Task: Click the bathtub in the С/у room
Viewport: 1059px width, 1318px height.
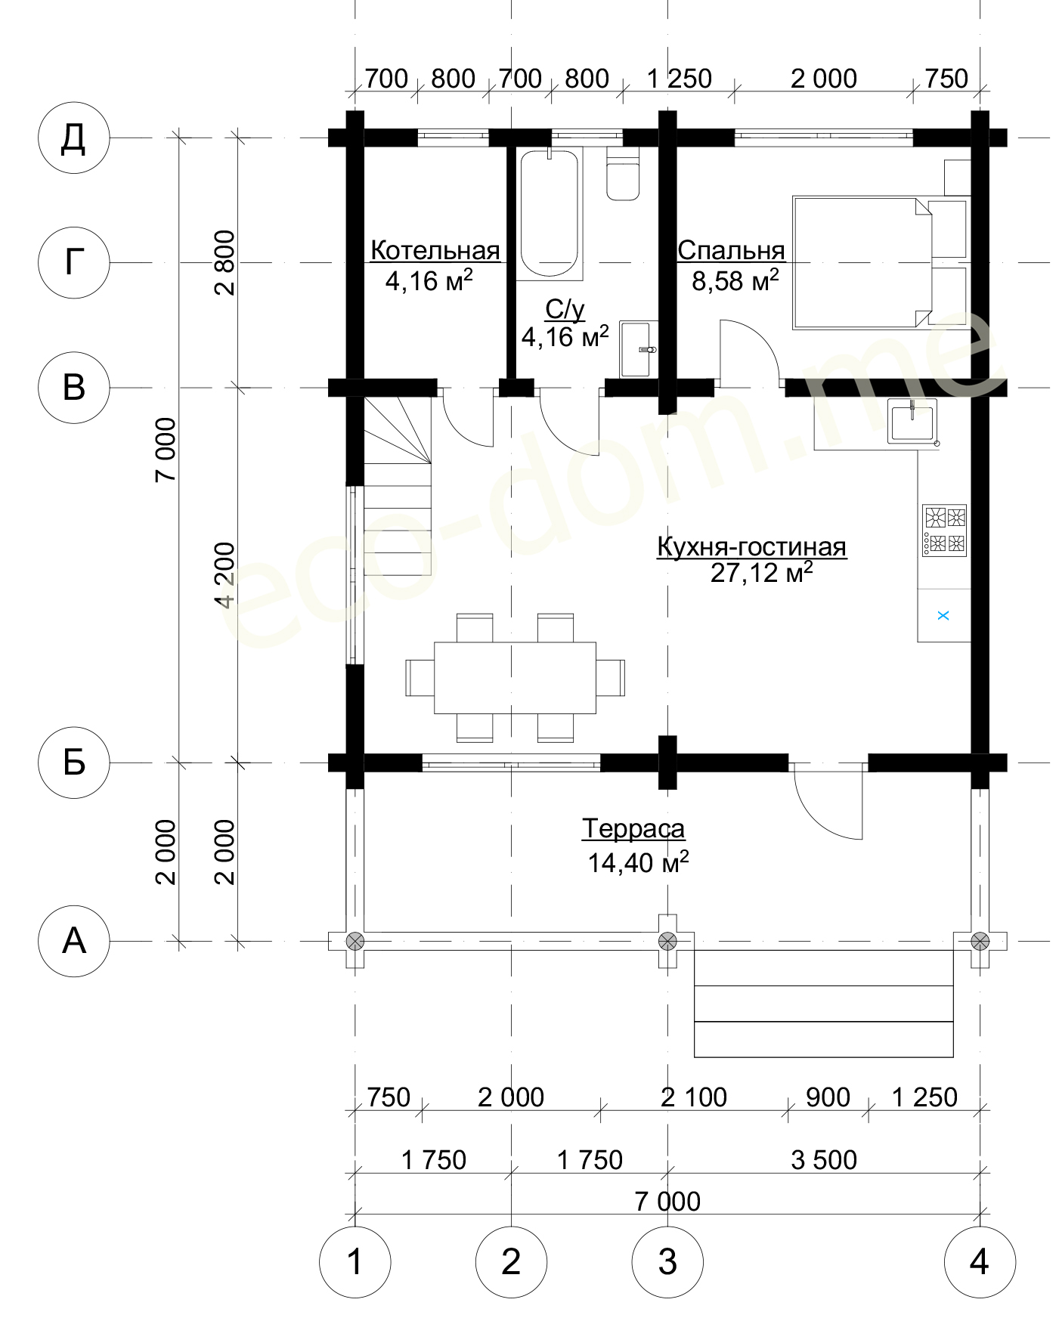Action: pos(550,214)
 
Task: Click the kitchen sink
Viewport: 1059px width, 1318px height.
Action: pos(913,421)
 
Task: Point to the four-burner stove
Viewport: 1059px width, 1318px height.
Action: pos(945,531)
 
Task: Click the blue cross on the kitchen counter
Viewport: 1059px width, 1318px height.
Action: pos(943,616)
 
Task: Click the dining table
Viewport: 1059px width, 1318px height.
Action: pos(515,678)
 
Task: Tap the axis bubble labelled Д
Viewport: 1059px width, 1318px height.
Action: pos(74,138)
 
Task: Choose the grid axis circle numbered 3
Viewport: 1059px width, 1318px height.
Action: pos(667,1262)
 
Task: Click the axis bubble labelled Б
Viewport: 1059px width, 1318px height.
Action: pos(74,763)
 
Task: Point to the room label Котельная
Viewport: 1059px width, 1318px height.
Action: pos(435,250)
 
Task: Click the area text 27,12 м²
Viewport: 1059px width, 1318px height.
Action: pos(761,573)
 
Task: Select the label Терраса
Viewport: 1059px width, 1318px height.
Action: pos(633,829)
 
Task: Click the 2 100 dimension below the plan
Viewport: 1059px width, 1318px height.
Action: pos(694,1097)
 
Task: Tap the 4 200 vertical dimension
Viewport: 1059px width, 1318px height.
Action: pos(225,575)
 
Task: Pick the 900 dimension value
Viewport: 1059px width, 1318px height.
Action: pos(828,1097)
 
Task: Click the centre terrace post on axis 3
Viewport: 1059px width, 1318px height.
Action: pos(667,941)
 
